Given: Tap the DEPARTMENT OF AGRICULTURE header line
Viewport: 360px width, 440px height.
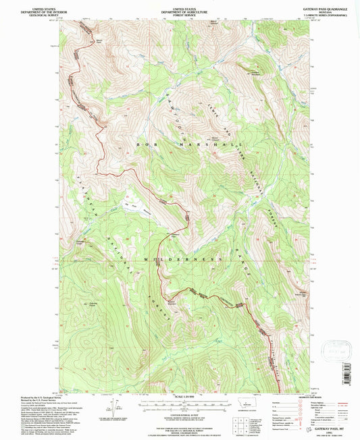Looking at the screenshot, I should tap(180, 7).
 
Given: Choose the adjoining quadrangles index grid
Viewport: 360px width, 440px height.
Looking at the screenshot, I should tap(257, 423).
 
